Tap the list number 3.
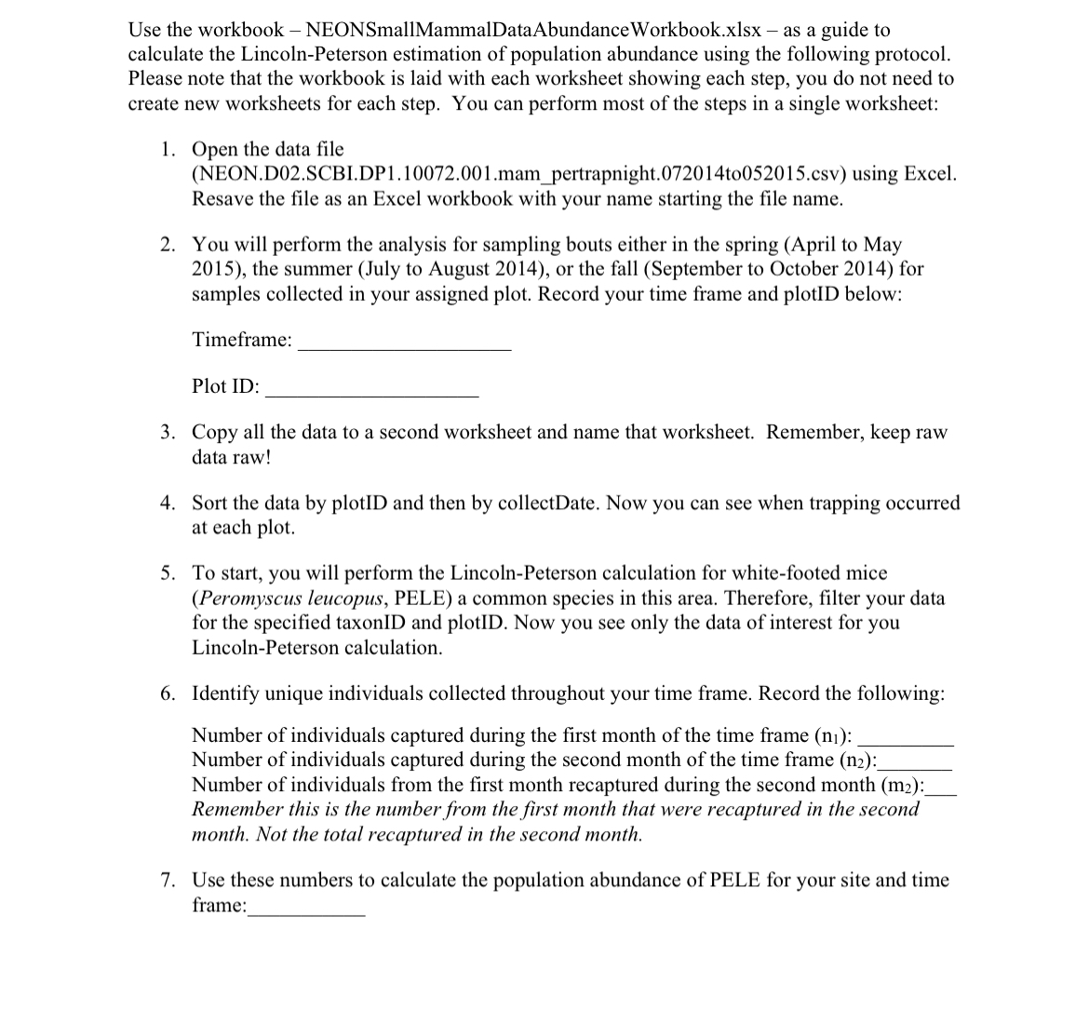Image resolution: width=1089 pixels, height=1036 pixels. (167, 433)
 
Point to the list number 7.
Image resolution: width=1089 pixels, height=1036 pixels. (167, 881)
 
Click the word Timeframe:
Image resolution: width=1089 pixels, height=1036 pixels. (242, 340)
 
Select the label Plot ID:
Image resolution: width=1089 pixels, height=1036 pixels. (225, 386)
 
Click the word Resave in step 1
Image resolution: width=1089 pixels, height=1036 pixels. (223, 199)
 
